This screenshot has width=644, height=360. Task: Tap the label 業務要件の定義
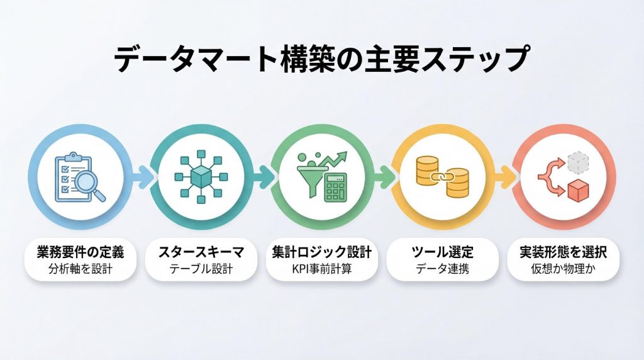coord(80,252)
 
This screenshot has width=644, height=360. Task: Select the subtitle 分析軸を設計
coord(80,269)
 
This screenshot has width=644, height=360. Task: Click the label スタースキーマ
coord(201,252)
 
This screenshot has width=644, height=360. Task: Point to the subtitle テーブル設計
coord(201,269)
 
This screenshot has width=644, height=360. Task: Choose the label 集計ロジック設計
coord(321,252)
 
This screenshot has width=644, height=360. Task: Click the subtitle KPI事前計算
coord(321,269)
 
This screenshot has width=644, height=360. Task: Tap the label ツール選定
coord(442,252)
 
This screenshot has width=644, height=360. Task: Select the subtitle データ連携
coord(442,269)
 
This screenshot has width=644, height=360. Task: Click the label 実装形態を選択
coord(563,252)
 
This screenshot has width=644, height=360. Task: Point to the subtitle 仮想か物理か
coord(563,269)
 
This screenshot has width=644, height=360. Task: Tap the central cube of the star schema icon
coord(201,177)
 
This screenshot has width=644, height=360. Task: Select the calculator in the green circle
coord(336,188)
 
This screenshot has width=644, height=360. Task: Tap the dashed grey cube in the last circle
coord(578,162)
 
